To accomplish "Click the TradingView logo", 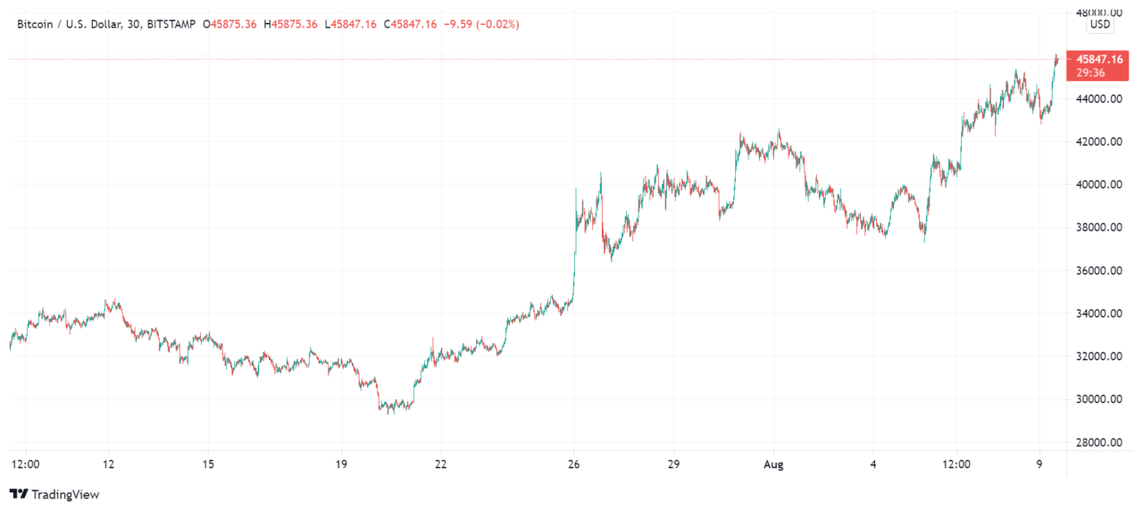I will [x=54, y=494].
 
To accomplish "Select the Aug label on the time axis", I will [x=773, y=465].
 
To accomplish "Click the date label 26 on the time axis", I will [x=574, y=465].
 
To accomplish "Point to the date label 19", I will [x=340, y=465].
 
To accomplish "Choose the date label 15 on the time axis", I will [x=207, y=465].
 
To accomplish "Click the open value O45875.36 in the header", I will [x=229, y=24].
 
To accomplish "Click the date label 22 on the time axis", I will [x=440, y=465].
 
